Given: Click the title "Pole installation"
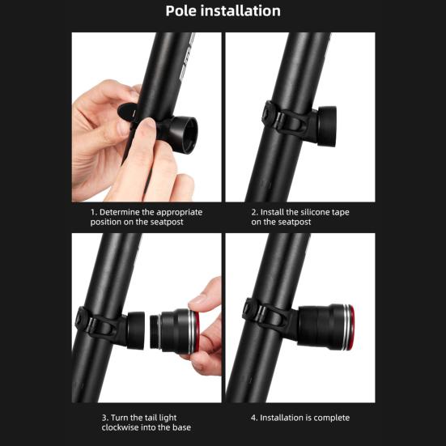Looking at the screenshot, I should [x=223, y=11].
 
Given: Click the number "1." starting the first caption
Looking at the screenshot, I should [x=94, y=212].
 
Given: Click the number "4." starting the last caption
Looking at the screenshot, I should [x=254, y=418].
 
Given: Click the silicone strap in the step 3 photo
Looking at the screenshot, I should [x=92, y=324].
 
